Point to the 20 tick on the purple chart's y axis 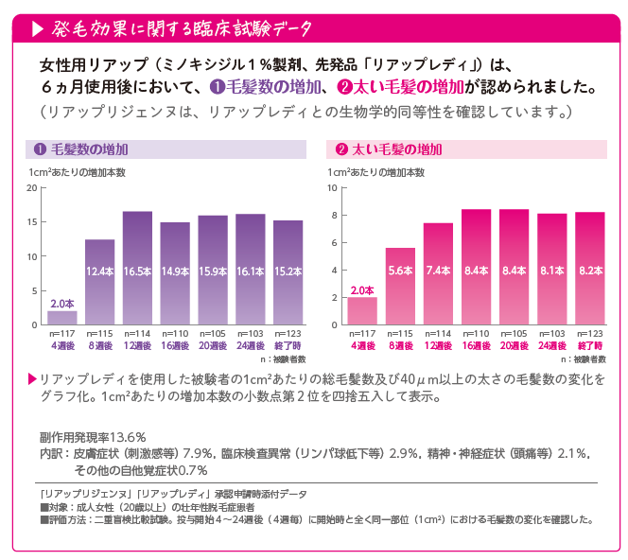point(32,187)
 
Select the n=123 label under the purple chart point(288,335)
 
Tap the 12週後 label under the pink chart point(438,346)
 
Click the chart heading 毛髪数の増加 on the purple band point(90,149)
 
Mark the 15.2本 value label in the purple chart point(288,271)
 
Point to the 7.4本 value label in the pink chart point(438,271)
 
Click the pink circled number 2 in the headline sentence point(345,88)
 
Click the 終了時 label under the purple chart point(288,346)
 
